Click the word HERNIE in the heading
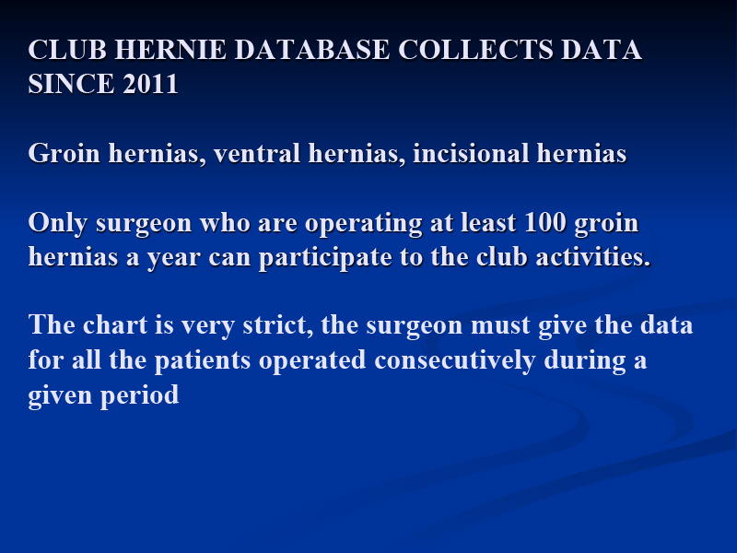point(170,50)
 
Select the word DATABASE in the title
point(312,50)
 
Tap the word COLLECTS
point(475,50)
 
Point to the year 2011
point(150,84)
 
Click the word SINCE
point(72,84)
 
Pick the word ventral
point(257,153)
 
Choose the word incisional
point(471,153)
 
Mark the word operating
point(363,224)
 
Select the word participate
point(325,258)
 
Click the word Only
point(58,224)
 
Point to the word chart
point(115,325)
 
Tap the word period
point(140,395)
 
